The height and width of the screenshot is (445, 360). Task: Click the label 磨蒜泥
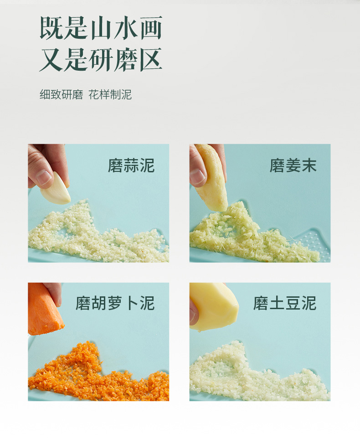(131, 166)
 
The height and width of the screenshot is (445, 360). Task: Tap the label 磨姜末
(293, 166)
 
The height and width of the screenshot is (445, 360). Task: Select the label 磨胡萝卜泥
(115, 303)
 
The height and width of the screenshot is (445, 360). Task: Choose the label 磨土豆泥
(285, 303)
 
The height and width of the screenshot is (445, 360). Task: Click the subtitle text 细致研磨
(61, 94)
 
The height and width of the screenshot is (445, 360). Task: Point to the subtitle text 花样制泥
(110, 94)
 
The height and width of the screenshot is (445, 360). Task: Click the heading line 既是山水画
(101, 27)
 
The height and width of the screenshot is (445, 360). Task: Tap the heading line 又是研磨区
(101, 60)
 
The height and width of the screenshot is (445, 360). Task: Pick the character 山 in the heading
(101, 28)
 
